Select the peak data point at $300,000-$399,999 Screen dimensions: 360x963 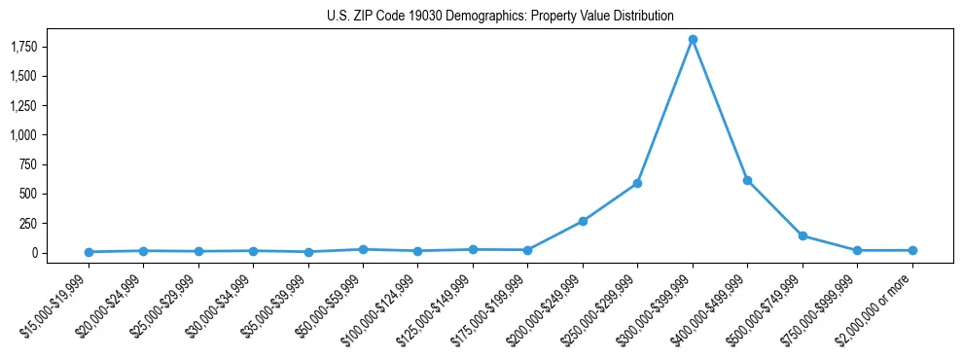pos(693,39)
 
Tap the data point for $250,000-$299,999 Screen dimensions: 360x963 pos(637,183)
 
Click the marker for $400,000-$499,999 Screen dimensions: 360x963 pos(747,180)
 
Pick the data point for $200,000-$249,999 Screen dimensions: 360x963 pos(583,221)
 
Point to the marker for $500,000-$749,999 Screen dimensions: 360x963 pos(802,235)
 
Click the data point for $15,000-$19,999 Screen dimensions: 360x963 pos(89,252)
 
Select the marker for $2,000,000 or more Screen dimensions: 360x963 pos(912,250)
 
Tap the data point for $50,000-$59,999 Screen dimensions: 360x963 pos(363,249)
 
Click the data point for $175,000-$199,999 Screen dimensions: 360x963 pos(527,250)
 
